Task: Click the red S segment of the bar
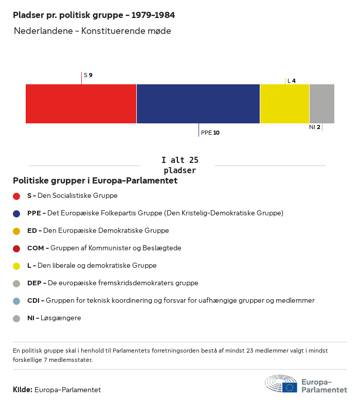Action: tap(81, 104)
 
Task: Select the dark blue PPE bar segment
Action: tap(198, 104)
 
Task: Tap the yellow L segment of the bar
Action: tap(284, 104)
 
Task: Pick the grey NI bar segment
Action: tap(321, 104)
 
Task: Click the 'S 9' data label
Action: tap(88, 75)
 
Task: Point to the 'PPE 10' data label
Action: tap(210, 133)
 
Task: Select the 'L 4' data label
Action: tap(291, 81)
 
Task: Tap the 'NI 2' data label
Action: tap(315, 127)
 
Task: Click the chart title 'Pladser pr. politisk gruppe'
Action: tap(94, 15)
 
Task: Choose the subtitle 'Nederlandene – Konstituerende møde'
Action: tap(93, 31)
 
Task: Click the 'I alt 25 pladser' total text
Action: tap(179, 166)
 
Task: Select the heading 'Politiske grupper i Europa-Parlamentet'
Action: tap(95, 181)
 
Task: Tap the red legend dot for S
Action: tap(16, 196)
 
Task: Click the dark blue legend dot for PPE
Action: tap(16, 213)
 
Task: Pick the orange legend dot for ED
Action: tap(16, 231)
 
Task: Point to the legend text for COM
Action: tap(104, 248)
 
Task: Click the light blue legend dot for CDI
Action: tap(16, 301)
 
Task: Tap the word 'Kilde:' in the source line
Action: tap(23, 390)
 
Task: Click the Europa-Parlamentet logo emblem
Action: tap(281, 384)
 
